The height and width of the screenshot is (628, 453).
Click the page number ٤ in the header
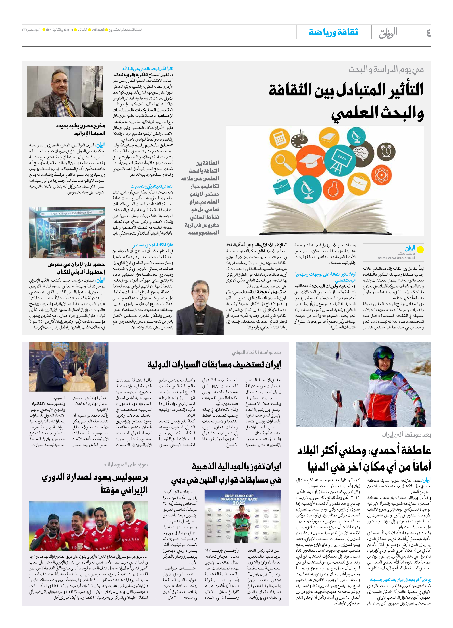[x=428, y=33]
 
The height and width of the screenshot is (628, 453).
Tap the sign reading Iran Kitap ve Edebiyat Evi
[x=68, y=213]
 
